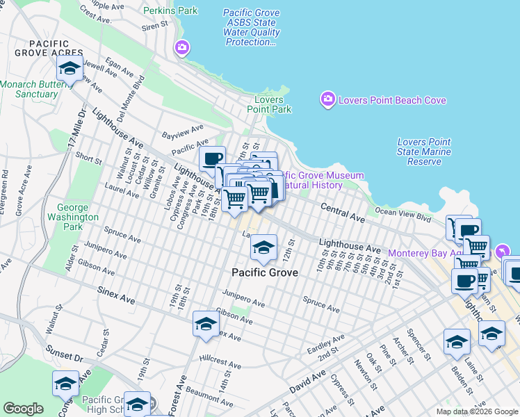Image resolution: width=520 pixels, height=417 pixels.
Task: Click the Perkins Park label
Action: point(170,11)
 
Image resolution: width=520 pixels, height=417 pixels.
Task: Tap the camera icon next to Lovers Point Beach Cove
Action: point(327,100)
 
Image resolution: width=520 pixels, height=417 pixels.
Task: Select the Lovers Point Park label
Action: point(269,104)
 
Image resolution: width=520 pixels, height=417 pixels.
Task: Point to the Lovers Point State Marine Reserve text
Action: point(424,152)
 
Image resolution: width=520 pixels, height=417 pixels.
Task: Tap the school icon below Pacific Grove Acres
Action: point(69,69)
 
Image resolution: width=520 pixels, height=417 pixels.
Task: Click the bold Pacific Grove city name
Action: point(264,272)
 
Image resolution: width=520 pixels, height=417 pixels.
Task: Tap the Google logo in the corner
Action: point(23,409)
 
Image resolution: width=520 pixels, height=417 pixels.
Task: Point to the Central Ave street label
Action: point(342,213)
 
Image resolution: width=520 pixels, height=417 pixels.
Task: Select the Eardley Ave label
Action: point(327,343)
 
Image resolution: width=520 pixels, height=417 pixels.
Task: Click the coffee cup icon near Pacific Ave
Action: point(212,158)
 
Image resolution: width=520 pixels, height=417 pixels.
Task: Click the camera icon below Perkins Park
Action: point(182,47)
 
